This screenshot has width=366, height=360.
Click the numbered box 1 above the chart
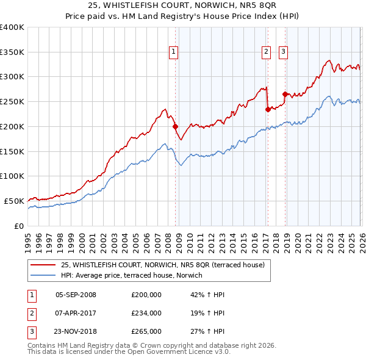point(174,52)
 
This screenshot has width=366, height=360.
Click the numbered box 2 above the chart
point(267,52)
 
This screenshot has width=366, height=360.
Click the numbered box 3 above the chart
point(284,52)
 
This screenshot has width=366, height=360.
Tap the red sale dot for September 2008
point(175,127)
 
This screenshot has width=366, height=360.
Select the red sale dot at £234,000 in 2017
point(268,110)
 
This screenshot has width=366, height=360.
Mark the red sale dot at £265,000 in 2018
point(285,94)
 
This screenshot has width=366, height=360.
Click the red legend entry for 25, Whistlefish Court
point(162,265)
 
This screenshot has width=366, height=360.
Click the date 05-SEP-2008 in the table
point(76,295)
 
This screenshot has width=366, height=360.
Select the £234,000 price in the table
point(146,313)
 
